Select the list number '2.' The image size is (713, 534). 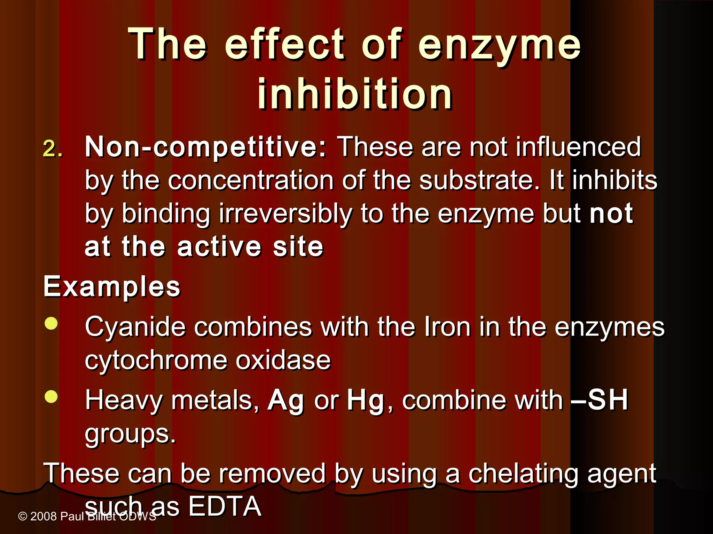click(x=53, y=149)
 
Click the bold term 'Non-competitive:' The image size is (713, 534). click(x=205, y=147)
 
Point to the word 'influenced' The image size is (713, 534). click(x=578, y=147)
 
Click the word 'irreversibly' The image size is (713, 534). click(x=285, y=214)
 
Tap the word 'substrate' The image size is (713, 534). click(x=479, y=181)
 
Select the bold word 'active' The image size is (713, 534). click(x=219, y=247)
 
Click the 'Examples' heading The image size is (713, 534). click(x=112, y=287)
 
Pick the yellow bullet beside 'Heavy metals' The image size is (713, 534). click(x=51, y=397)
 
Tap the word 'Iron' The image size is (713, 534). click(x=447, y=327)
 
